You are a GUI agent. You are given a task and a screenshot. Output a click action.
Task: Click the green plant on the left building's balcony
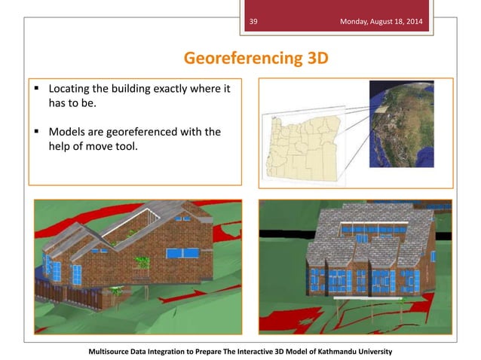coord(141,263)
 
